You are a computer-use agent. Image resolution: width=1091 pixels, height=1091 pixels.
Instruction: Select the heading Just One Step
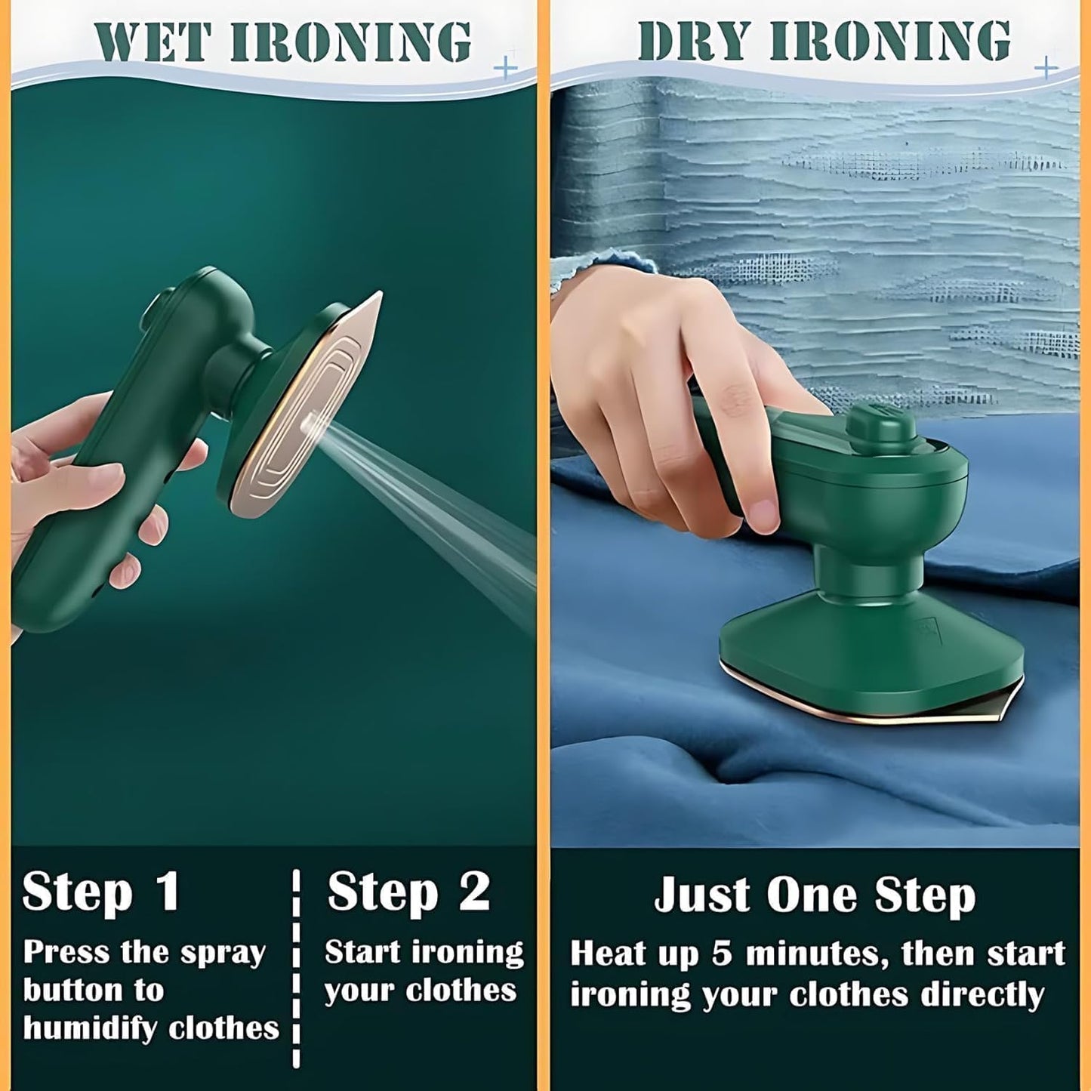click(815, 895)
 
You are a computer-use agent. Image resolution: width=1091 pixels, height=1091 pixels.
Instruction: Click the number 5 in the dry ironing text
click(722, 954)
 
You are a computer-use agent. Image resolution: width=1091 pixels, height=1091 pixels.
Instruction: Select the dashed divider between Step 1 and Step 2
click(296, 968)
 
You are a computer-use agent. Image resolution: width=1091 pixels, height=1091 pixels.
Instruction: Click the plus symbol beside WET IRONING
click(506, 69)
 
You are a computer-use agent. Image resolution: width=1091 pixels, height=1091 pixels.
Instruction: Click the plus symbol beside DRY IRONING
click(1046, 69)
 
